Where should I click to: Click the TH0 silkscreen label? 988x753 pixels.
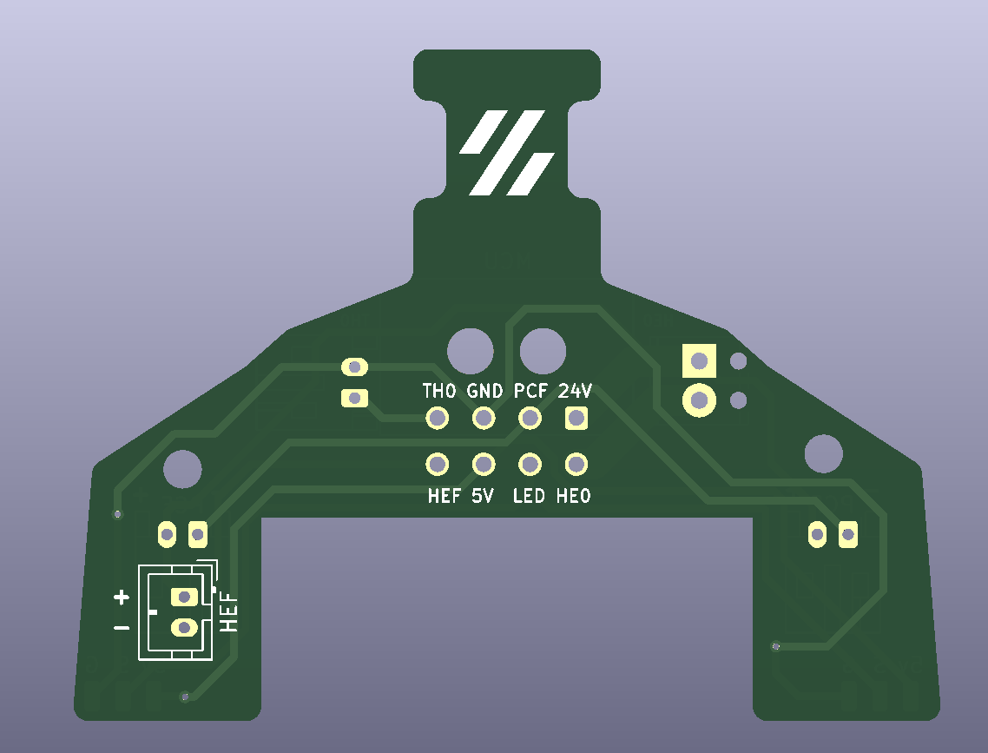[x=438, y=391]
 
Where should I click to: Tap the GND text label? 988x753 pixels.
[x=484, y=391]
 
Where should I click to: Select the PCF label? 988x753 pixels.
[x=530, y=391]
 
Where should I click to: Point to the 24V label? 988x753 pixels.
[x=575, y=391]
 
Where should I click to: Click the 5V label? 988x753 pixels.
[x=483, y=497]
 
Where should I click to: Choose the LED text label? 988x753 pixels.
[x=529, y=497]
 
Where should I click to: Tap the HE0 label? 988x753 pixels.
[x=574, y=497]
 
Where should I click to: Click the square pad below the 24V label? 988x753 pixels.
[x=576, y=419]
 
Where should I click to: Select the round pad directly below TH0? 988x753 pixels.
[x=438, y=419]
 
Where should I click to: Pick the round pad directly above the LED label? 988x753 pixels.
[x=530, y=465]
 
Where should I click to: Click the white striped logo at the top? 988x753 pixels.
[x=507, y=153]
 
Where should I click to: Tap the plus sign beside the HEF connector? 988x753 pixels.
[x=122, y=597]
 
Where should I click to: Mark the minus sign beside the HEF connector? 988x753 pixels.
[x=122, y=627]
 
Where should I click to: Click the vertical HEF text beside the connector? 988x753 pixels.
[x=229, y=612]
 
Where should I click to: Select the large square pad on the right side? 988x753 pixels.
[x=699, y=360]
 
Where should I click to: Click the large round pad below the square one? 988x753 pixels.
[x=699, y=400]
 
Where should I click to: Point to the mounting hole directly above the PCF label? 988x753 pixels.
[x=543, y=352]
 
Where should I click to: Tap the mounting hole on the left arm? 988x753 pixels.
[x=182, y=469]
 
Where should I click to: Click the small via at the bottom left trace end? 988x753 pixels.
[x=184, y=697]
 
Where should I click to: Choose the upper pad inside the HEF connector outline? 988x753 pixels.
[x=183, y=597]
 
